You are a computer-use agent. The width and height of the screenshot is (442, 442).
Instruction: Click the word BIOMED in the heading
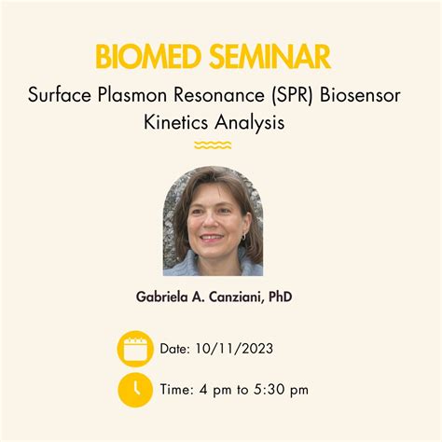[148, 58]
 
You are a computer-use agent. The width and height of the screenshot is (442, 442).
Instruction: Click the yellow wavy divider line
[213, 145]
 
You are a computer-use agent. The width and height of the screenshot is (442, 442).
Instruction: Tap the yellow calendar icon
[135, 349]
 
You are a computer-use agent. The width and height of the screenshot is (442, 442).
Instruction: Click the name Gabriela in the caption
[166, 297]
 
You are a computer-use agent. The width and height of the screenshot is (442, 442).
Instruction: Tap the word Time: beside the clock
[178, 390]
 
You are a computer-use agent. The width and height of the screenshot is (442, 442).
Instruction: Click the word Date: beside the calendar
[175, 350]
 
